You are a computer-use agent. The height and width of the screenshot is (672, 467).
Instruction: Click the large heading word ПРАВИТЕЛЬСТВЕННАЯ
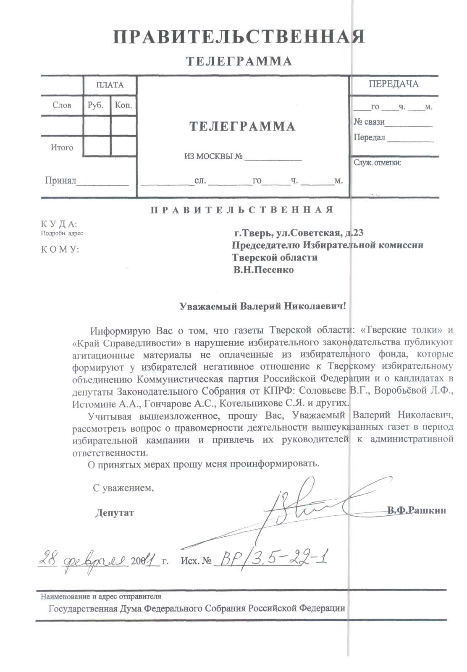tap(239, 37)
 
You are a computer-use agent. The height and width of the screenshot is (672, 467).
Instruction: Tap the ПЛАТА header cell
tap(110, 85)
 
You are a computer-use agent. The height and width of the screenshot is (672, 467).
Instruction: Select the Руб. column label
tap(96, 105)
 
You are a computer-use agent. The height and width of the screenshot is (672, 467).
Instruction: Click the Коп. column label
tap(123, 105)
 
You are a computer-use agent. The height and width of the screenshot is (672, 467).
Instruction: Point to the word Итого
tap(62, 147)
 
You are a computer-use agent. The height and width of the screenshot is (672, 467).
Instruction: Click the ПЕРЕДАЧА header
tap(394, 84)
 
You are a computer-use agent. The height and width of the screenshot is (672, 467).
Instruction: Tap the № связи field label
tap(369, 122)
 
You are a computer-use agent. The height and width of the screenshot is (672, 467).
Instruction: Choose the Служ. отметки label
tap(377, 163)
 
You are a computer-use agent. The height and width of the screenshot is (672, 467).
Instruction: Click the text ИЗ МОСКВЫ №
tap(213, 157)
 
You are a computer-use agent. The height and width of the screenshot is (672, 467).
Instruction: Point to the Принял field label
tap(60, 181)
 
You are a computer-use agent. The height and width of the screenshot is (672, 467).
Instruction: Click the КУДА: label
tap(59, 224)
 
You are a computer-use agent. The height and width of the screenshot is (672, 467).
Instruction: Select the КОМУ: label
tap(60, 249)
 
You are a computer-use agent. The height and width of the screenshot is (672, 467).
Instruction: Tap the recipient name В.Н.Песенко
tap(263, 270)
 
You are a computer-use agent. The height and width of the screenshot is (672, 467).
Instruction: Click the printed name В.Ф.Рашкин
tap(417, 511)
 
